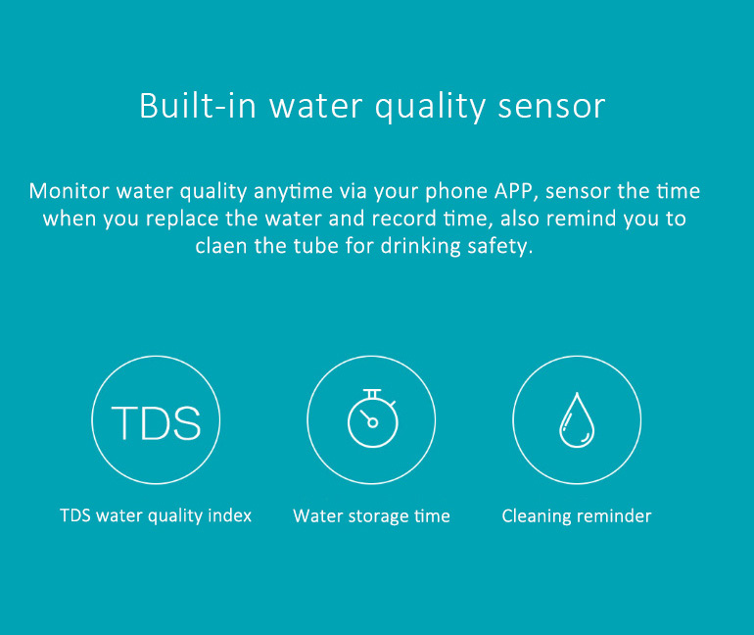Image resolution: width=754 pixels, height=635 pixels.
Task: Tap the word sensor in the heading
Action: point(552,106)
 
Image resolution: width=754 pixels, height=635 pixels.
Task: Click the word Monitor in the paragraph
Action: point(68,190)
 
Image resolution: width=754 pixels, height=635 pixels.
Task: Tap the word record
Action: point(416,218)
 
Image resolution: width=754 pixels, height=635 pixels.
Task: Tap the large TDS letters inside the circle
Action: point(156,422)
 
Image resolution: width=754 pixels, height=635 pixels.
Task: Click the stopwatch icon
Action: point(372,418)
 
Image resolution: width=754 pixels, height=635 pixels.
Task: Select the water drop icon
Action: point(577,420)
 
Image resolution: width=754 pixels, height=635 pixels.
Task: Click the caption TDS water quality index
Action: point(156,515)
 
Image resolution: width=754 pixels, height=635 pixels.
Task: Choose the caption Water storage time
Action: point(371,515)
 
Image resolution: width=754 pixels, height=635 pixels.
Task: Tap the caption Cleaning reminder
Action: point(576,515)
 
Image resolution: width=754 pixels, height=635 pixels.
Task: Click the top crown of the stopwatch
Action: point(371,393)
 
